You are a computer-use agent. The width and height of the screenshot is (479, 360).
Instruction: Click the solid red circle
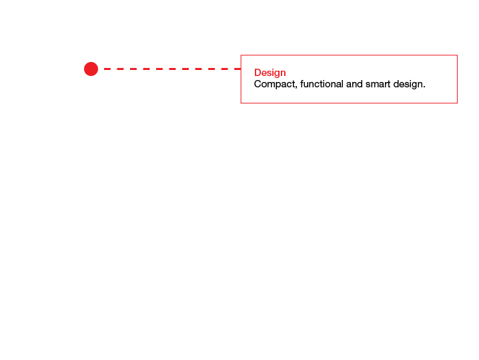[91, 69]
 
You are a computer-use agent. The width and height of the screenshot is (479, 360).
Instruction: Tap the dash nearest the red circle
[107, 69]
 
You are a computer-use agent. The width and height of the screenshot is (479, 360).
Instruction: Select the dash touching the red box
[237, 69]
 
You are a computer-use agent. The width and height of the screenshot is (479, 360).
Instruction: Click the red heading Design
[270, 73]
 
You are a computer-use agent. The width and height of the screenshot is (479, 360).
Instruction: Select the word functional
[322, 83]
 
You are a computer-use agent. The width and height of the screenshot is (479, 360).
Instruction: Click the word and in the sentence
[354, 83]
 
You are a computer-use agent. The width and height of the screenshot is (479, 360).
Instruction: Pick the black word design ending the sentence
[408, 84]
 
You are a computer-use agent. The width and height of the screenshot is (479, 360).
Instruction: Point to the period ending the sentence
[424, 87]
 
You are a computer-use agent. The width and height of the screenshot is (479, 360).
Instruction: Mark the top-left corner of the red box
[241, 55]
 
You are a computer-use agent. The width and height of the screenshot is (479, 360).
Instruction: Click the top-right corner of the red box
[457, 55]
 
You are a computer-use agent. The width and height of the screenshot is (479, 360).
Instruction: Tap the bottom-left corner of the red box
[241, 103]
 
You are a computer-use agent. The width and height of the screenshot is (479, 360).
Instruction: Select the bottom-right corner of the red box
[457, 103]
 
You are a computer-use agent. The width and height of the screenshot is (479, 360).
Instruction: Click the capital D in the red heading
[258, 73]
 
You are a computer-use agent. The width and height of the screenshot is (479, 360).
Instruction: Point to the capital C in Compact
[258, 84]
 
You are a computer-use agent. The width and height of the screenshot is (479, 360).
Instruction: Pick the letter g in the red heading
[276, 74]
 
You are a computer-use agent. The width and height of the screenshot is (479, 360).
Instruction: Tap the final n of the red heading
[283, 73]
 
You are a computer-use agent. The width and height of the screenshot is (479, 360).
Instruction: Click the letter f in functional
[302, 83]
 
